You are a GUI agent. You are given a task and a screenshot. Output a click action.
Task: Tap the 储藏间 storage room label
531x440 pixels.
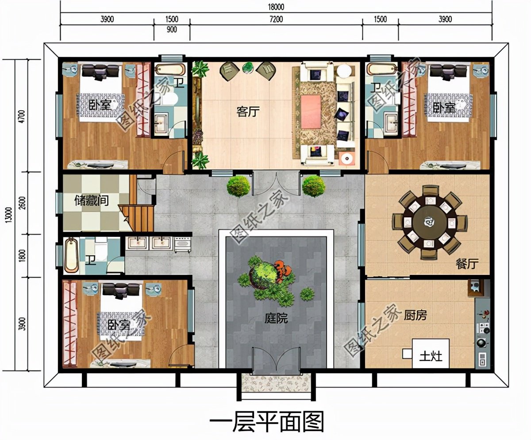point(92,201)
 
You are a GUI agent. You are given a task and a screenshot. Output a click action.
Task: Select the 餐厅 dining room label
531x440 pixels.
point(467,264)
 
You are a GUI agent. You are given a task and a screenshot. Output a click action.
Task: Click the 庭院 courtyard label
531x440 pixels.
point(276,318)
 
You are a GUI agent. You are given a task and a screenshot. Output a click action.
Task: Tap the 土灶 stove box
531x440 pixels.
point(431,354)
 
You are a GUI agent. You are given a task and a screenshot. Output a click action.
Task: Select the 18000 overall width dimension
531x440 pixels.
point(276,7)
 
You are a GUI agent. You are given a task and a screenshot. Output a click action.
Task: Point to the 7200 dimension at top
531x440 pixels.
point(276,19)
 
